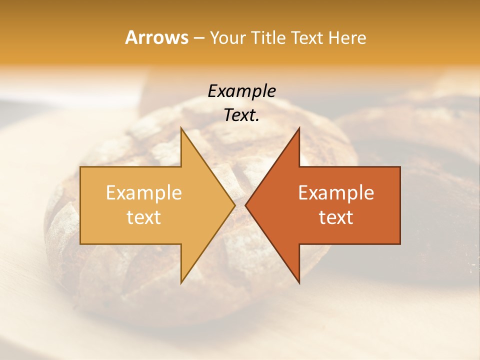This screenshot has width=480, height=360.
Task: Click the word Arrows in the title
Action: [156, 37]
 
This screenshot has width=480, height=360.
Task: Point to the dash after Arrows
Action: [198, 38]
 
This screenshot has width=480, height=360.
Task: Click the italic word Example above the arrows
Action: [242, 91]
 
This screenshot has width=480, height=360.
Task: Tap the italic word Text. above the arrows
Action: [242, 115]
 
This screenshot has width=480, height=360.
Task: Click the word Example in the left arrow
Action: [144, 193]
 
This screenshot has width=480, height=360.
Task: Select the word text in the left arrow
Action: [144, 217]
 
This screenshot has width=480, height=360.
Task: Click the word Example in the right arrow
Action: [336, 193]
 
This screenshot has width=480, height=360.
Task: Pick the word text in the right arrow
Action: [336, 217]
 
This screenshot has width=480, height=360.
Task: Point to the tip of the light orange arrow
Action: [235, 205]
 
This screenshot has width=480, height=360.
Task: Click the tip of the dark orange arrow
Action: [245, 205]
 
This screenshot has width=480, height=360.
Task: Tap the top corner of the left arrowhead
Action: [181, 127]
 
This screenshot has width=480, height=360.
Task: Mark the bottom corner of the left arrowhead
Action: [181, 283]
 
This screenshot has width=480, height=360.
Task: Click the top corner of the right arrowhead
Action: [299, 127]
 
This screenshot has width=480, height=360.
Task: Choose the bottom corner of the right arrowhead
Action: [299, 283]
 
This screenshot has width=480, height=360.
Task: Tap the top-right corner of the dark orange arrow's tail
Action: [400, 167]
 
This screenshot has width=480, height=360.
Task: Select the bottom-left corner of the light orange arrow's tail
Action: [80, 243]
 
